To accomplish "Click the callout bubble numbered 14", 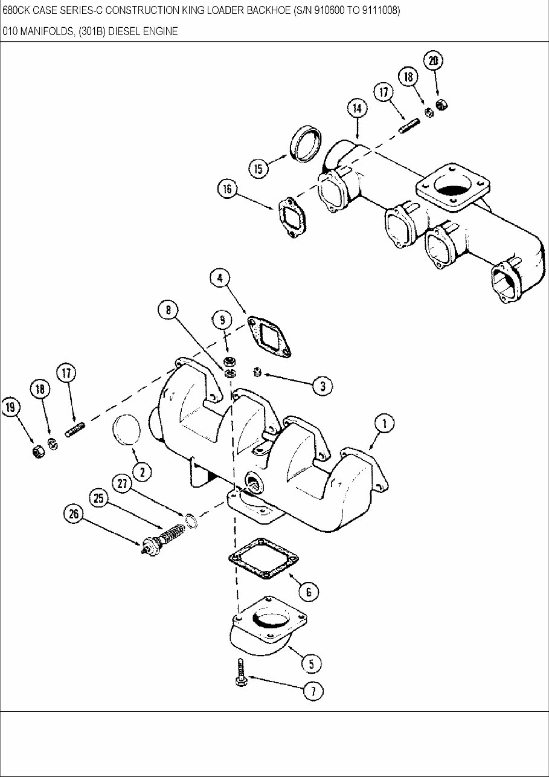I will coord(358,109).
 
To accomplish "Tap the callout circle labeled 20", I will coord(432,60).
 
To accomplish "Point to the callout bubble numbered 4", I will coord(219,278).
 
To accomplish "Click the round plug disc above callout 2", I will coord(127,433).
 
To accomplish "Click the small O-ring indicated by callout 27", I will coord(190,520).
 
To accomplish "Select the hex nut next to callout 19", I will coord(36,450).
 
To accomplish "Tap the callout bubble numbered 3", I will coord(323,385).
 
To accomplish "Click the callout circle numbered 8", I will coord(168,311).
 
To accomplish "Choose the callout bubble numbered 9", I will coord(222,320).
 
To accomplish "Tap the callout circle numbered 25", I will coord(99,498).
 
